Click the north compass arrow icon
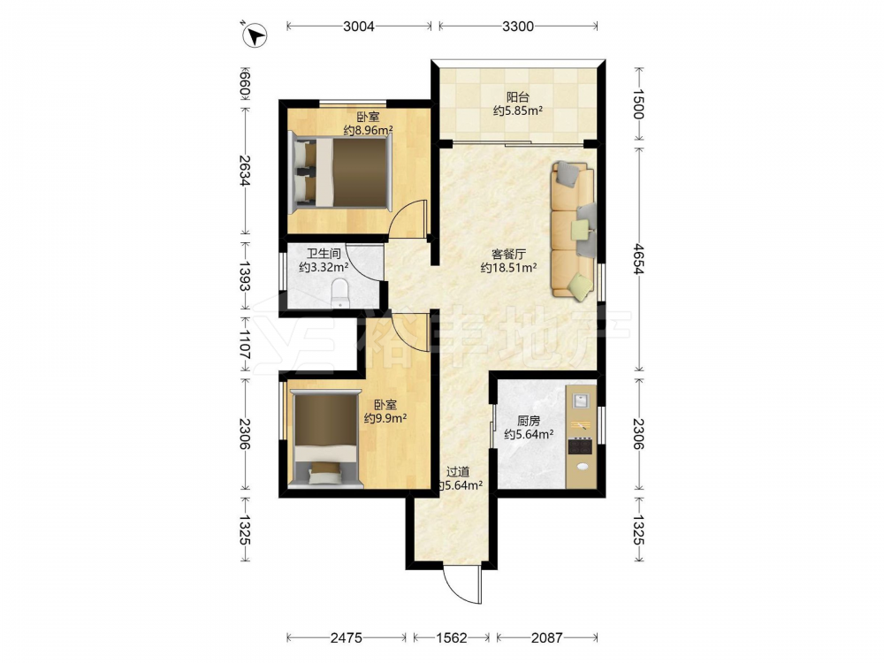coord(255,35)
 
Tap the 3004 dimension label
coord(359,26)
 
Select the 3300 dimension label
coord(517,26)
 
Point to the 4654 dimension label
coord(638,259)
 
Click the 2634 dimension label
coord(245,171)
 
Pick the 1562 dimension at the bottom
coord(452,637)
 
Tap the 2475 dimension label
coord(347,637)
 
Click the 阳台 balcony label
coord(517,97)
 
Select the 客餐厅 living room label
coord(508,254)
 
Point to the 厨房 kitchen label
coord(529,421)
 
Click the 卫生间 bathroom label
coord(324,254)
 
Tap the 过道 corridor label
coord(458,472)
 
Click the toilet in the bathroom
coord(340,293)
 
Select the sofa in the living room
coord(573,229)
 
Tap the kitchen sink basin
coord(581,400)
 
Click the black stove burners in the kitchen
coord(580,446)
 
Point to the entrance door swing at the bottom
coord(462,584)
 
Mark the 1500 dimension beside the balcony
coord(638,104)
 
